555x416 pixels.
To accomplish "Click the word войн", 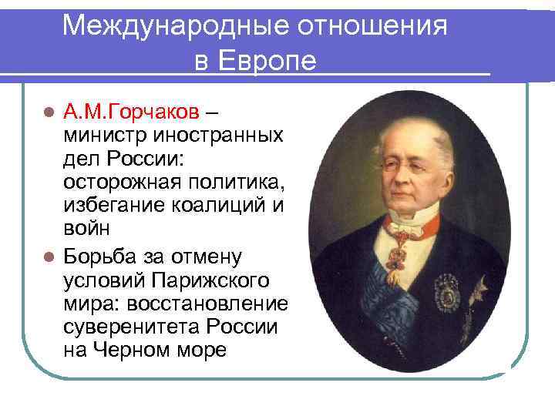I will (87, 229).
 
